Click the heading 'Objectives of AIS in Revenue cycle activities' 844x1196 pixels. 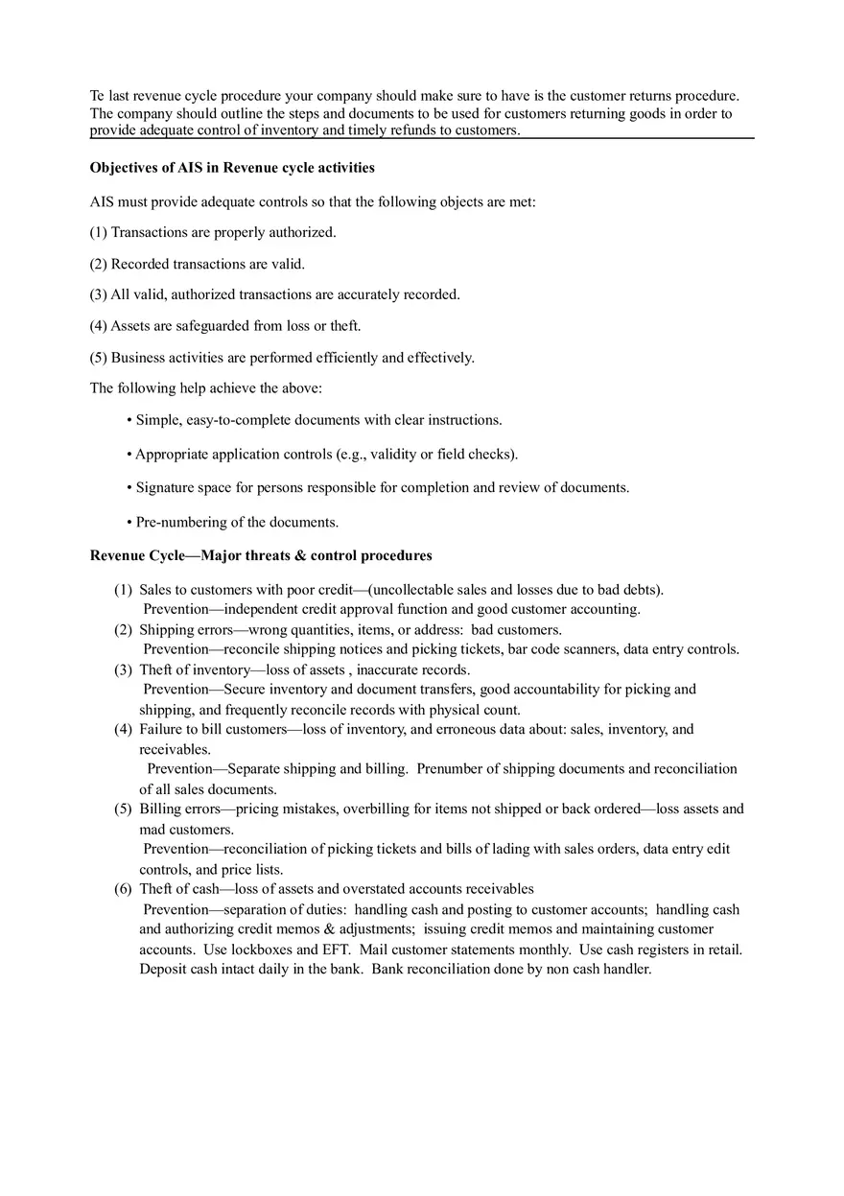[232, 168]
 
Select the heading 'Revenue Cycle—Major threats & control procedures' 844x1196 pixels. [261, 556]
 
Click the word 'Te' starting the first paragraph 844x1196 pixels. [98, 96]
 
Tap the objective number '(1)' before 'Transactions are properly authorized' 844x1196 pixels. [99, 232]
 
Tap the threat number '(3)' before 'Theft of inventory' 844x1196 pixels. [123, 670]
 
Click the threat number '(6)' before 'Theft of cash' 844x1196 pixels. [123, 889]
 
